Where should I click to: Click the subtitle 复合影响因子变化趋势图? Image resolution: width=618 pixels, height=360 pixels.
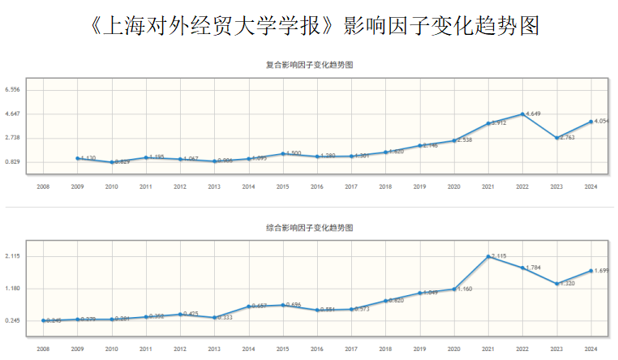310,64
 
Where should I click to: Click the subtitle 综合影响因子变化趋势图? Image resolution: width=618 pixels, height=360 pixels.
310,229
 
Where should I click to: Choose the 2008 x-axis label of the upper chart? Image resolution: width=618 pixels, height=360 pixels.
43,186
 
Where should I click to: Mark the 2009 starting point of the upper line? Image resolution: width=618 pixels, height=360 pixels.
77,158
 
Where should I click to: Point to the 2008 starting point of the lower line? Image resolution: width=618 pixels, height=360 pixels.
43,321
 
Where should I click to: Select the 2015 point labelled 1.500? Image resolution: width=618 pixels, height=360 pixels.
283,153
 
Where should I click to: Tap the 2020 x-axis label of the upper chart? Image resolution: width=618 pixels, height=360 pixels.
454,186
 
